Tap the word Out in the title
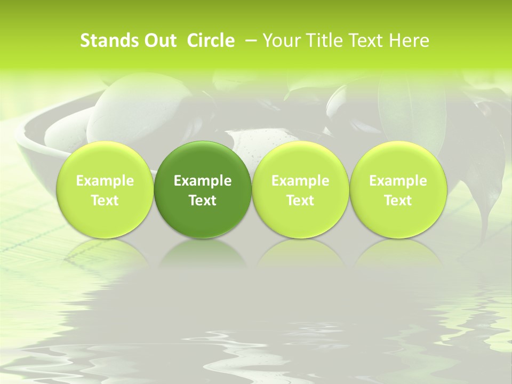coord(158,41)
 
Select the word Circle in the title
coord(211,41)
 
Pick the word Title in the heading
coord(325,41)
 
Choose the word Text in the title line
coord(367,41)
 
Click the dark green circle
coord(203,189)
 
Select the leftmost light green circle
coord(105,189)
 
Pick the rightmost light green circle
coord(398,189)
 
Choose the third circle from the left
coord(300,189)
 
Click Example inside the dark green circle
coord(203,181)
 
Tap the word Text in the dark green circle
coord(203,201)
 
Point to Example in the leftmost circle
coord(105,181)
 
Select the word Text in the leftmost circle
coord(105,201)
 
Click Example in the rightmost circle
coord(398,181)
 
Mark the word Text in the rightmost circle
coord(398,201)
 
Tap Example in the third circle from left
coord(300,181)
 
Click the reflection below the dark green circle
coord(203,253)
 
